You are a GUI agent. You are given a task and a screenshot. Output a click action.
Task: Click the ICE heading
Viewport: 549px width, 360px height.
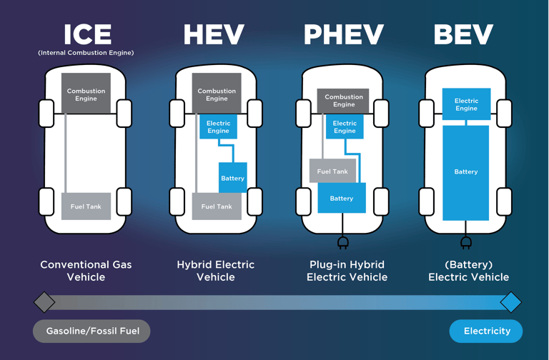(x=88, y=34)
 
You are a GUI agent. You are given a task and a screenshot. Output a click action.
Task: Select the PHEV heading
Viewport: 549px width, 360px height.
(x=344, y=34)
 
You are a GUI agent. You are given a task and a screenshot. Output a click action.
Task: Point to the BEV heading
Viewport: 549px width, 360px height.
(x=463, y=34)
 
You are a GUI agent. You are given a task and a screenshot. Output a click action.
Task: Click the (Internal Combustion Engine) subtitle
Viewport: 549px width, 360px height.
(x=86, y=53)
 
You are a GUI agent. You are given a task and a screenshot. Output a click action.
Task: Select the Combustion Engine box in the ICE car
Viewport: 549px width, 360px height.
(x=86, y=94)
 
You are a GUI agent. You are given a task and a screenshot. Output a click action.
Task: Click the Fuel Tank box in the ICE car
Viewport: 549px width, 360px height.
(x=86, y=206)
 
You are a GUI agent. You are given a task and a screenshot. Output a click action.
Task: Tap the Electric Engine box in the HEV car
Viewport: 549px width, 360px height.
(x=218, y=126)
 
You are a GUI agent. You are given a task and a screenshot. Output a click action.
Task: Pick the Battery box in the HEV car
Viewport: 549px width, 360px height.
(x=232, y=178)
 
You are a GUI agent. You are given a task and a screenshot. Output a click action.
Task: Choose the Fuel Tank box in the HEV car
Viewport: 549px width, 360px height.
(x=217, y=206)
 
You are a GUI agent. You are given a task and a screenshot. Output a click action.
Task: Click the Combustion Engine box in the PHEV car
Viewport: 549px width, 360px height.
(x=344, y=101)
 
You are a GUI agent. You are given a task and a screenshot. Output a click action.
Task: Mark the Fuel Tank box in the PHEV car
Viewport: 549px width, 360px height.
(x=332, y=171)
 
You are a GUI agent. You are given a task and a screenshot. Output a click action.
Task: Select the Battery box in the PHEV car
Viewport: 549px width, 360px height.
(x=342, y=198)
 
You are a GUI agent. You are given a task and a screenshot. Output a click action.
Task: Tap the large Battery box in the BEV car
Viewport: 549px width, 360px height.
(x=466, y=172)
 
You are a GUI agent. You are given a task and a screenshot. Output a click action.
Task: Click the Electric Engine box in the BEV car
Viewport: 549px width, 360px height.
(x=466, y=104)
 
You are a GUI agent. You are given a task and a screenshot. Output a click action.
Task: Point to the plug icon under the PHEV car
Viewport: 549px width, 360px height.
(x=343, y=243)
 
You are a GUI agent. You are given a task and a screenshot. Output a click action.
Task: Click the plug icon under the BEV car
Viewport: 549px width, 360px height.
(x=466, y=243)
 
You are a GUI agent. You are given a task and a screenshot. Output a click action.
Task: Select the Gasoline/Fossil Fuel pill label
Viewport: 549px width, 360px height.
(x=91, y=331)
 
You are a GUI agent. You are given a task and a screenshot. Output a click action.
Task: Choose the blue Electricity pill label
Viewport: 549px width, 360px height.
(x=486, y=331)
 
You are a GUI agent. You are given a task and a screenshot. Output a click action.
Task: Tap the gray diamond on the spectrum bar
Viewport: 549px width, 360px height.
(x=44, y=302)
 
